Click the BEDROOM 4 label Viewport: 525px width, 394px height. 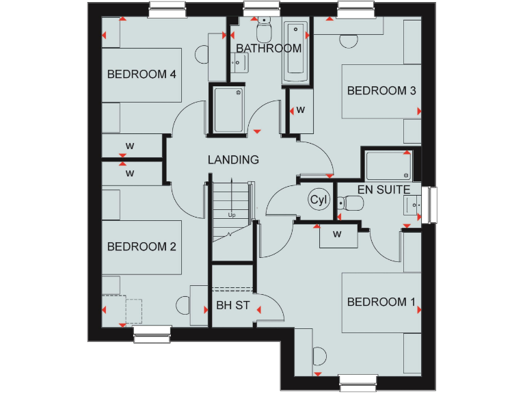pyautogui.click(x=142, y=75)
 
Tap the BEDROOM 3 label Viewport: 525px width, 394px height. pyautogui.click(x=381, y=90)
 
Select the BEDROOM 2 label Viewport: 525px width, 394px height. pyautogui.click(x=142, y=246)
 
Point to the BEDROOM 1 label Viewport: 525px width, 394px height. pyautogui.click(x=381, y=302)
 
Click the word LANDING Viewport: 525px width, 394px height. pyautogui.click(x=234, y=160)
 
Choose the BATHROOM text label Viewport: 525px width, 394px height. pyautogui.click(x=269, y=49)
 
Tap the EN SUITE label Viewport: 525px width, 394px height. pyautogui.click(x=383, y=189)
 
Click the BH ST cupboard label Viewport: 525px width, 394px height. pyautogui.click(x=233, y=305)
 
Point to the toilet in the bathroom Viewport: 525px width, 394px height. pyautogui.click(x=264, y=30)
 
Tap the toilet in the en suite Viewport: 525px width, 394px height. pyautogui.click(x=353, y=203)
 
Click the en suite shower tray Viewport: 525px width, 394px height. pyautogui.click(x=389, y=165)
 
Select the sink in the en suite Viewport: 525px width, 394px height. pyautogui.click(x=414, y=204)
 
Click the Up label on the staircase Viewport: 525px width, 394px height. pyautogui.click(x=231, y=215)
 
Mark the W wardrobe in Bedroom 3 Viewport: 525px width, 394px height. pyautogui.click(x=300, y=110)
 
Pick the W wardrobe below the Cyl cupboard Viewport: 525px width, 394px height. pyautogui.click(x=337, y=235)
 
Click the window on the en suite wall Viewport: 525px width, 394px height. pyautogui.click(x=431, y=204)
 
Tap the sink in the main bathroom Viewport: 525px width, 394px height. pyautogui.click(x=239, y=62)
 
